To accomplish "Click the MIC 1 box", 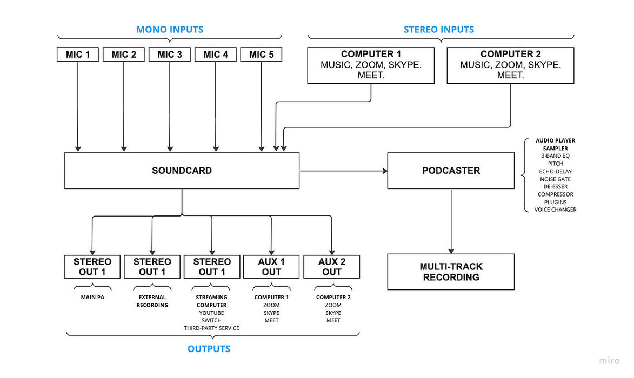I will click(x=78, y=55).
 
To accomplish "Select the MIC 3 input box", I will click(x=170, y=55).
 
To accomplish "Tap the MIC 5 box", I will click(x=261, y=55).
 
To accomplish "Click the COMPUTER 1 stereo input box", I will click(x=371, y=65).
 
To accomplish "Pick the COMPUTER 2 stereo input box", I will click(x=510, y=65).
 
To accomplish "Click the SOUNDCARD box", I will click(x=182, y=171).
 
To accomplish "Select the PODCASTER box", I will click(x=451, y=171).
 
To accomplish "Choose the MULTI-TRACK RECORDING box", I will click(x=451, y=272).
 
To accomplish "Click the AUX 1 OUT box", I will click(x=271, y=267).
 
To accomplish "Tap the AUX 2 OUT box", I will click(x=331, y=267).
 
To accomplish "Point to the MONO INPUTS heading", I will click(x=170, y=29).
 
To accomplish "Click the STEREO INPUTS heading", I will click(x=438, y=29).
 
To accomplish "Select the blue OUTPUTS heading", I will click(x=209, y=349).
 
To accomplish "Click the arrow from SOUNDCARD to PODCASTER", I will click(x=343, y=171).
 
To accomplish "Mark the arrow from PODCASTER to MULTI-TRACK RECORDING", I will click(x=451, y=221).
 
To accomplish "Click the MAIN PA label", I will click(x=92, y=297).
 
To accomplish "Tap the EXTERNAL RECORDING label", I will click(x=152, y=301).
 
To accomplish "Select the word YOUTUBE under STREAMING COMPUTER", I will click(x=211, y=313).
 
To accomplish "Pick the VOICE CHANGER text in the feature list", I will click(x=555, y=210).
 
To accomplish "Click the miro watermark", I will click(x=610, y=361).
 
